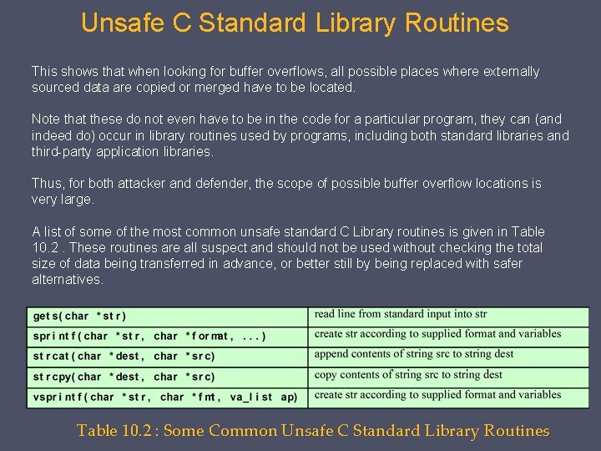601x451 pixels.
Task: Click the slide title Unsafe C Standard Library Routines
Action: click(x=295, y=23)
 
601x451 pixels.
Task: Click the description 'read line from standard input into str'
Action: click(x=401, y=315)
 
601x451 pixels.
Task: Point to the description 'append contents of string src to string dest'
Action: click(x=414, y=354)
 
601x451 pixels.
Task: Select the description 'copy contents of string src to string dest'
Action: click(x=408, y=375)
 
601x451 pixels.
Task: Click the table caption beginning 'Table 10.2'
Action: click(x=313, y=431)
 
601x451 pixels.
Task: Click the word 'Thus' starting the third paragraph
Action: click(x=47, y=183)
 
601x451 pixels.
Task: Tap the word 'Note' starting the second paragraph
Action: click(x=46, y=119)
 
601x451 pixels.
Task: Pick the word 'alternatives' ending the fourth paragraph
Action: click(x=67, y=279)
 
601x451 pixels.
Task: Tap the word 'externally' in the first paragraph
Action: click(x=509, y=72)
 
